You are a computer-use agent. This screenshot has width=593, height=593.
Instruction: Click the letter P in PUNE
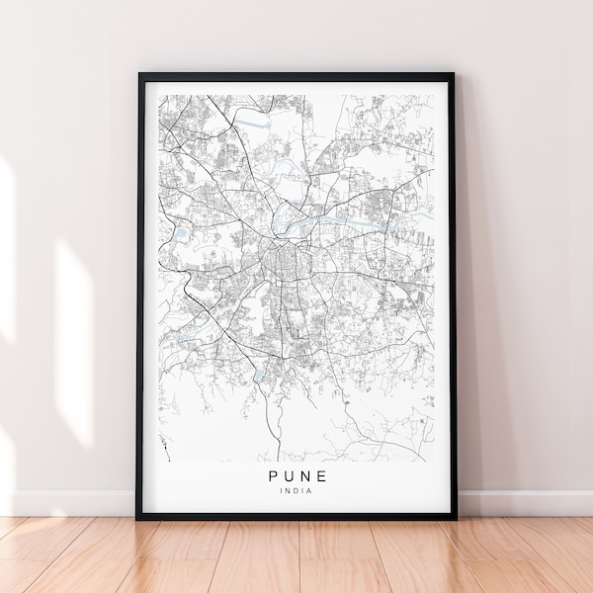click(271, 476)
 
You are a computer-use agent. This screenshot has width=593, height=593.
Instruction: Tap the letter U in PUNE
click(288, 476)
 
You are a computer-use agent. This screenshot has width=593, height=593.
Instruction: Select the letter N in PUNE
click(305, 476)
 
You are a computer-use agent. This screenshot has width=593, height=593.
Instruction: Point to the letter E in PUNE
click(322, 476)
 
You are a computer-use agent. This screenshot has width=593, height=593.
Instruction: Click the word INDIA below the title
click(296, 491)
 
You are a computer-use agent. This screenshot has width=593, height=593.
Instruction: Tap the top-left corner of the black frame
click(139, 74)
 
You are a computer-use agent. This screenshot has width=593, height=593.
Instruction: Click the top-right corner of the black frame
click(454, 74)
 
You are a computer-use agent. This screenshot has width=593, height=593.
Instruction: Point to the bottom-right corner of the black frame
click(454, 517)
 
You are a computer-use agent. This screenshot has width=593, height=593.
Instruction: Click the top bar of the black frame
click(296, 76)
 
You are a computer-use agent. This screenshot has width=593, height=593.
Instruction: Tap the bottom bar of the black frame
click(296, 515)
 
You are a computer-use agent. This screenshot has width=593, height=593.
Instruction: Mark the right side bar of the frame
click(452, 296)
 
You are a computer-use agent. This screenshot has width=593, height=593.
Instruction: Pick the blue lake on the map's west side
click(182, 234)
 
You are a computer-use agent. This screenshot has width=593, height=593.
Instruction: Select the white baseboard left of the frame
click(69, 503)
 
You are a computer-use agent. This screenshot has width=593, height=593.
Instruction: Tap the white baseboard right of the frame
click(524, 503)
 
